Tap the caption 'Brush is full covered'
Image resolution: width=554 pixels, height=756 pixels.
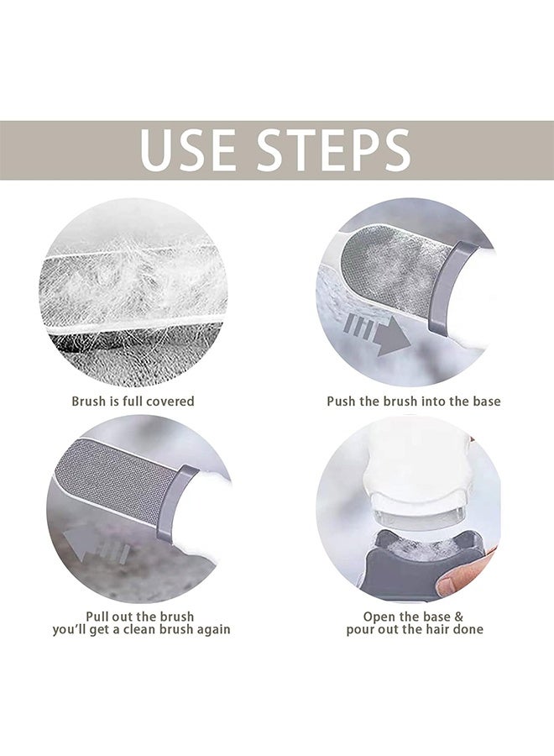tap(133, 402)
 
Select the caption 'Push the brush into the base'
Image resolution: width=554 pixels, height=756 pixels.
tap(414, 402)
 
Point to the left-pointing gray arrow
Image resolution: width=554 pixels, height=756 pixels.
tap(97, 546)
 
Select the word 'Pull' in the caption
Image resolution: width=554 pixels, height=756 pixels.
tap(98, 617)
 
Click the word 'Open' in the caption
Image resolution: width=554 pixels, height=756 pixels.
tap(379, 617)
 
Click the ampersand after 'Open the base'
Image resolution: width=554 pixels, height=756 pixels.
tap(458, 617)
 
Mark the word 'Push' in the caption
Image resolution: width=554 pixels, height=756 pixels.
tap(341, 402)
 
